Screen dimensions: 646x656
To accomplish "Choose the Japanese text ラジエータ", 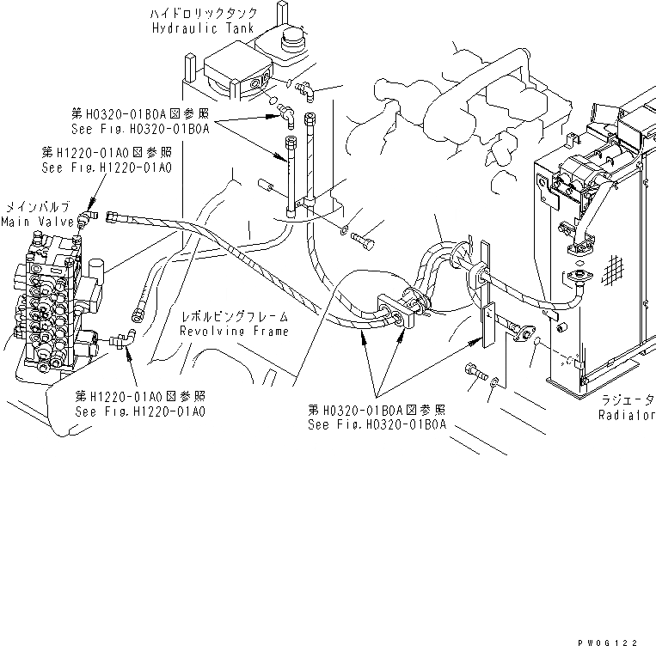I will point(626,400).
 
